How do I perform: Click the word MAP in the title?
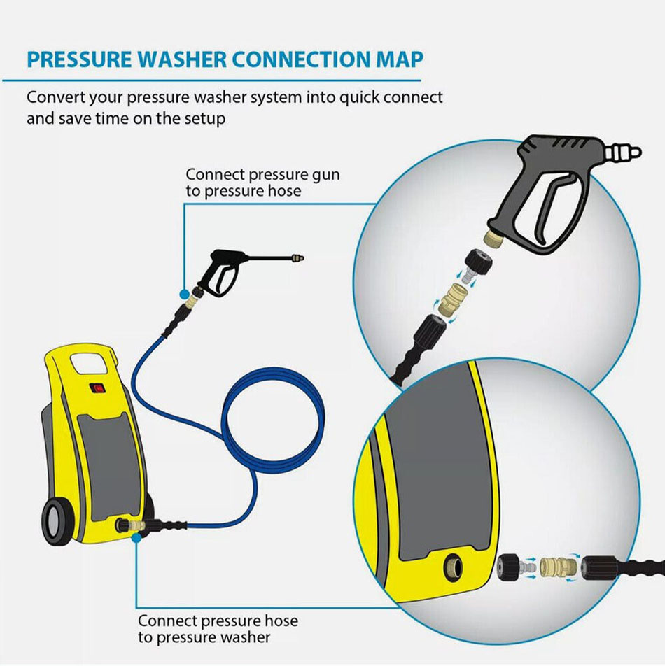400,59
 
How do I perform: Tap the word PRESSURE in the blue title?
79,59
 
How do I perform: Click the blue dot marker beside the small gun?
184,294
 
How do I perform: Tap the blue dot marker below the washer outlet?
136,538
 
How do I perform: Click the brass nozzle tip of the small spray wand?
297,258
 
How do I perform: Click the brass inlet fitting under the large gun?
495,236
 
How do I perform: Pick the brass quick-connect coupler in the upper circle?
453,299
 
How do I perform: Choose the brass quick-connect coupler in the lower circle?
558,567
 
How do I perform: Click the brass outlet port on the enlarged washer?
453,567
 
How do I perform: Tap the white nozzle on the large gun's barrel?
622,153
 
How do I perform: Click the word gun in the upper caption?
325,176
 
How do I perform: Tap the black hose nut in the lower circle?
598,567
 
